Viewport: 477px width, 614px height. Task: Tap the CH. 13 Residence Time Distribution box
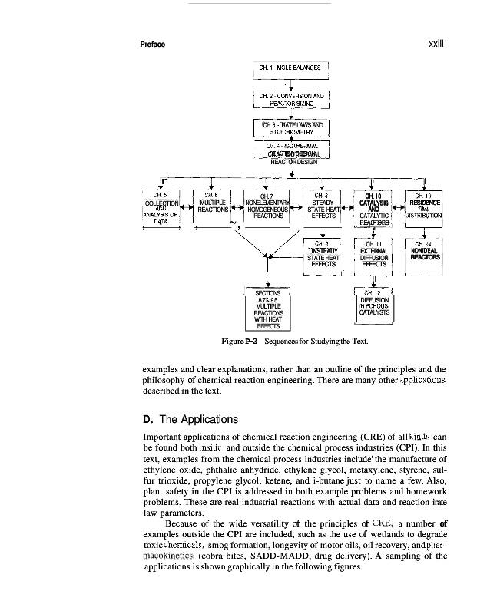428,206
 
